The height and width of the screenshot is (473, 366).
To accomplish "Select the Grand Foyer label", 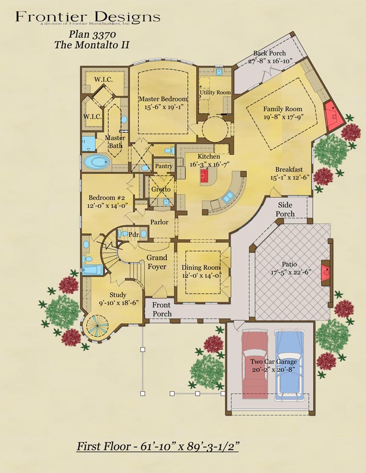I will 157,262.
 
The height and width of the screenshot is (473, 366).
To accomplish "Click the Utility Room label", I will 215,92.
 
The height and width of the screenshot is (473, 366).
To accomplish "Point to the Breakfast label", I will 289,169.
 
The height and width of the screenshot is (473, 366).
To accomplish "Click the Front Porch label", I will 162,310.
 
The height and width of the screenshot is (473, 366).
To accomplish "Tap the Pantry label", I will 163,166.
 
